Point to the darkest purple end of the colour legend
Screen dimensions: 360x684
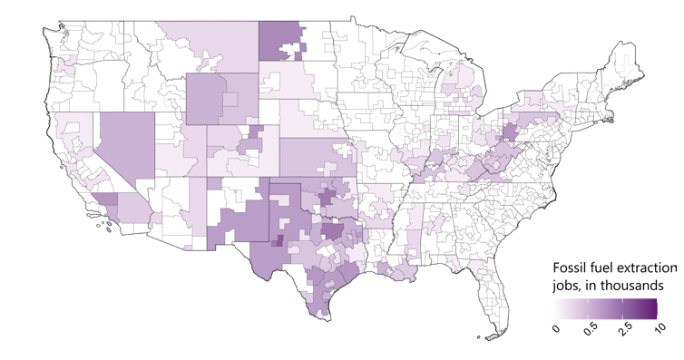[651, 309]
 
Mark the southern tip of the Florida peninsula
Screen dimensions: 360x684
[493, 336]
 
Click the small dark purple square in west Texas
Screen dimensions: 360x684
[278, 240]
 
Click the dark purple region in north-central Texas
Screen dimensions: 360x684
[333, 231]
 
